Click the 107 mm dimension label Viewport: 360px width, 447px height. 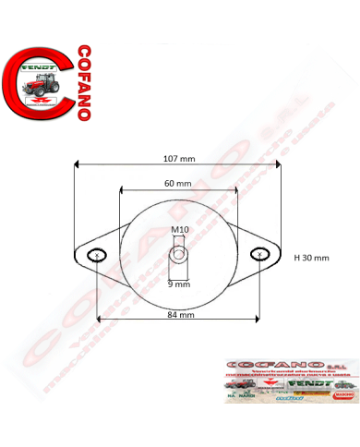[x=179, y=159]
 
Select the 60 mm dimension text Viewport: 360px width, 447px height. [x=179, y=184]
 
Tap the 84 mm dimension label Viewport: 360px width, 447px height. [x=181, y=315]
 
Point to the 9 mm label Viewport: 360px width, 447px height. [x=179, y=284]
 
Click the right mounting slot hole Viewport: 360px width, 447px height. [x=264, y=255]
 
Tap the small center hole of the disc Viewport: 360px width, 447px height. [x=179, y=250]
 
